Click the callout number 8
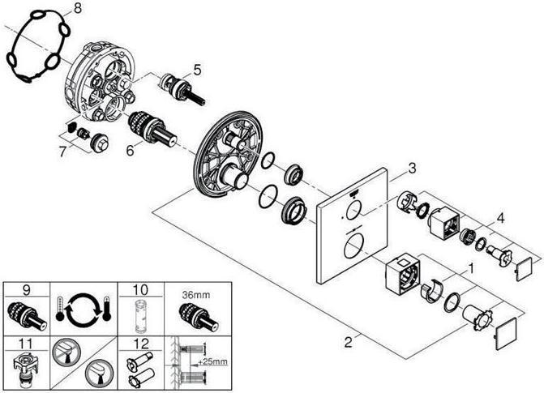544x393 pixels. coord(77,7)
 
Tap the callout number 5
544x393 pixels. coord(197,70)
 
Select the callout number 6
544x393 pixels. coord(130,151)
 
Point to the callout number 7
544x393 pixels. coord(62,152)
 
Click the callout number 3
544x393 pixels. coord(412,169)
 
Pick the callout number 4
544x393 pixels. coord(500,218)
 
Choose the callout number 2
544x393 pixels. coord(348,342)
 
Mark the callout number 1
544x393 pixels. coord(471,268)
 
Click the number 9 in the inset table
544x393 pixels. coord(27,289)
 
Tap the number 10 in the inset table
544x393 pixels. coord(140,289)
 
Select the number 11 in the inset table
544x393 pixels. coord(26,344)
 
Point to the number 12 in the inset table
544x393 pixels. coord(141,344)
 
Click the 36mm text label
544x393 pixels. coord(196,295)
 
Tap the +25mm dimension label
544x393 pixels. coord(212,362)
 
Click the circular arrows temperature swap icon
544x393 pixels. coord(84,308)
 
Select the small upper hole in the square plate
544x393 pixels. coord(353,210)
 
